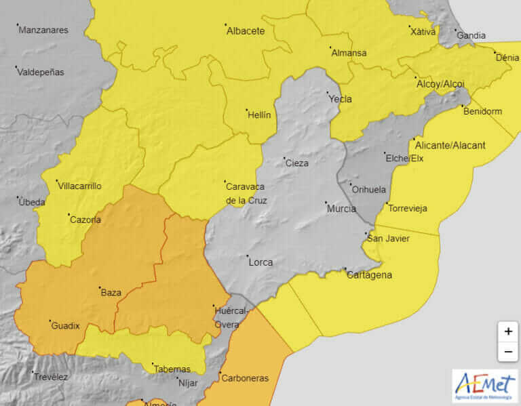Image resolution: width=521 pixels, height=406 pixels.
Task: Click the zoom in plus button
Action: (x=507, y=331)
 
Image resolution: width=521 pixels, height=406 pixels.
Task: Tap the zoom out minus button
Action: (x=507, y=352)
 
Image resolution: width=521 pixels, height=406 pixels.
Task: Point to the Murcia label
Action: (x=341, y=209)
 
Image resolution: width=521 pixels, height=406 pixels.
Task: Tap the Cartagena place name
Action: (x=368, y=275)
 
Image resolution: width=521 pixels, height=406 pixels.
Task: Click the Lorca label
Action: (x=260, y=262)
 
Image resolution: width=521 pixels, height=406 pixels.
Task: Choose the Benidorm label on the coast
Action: (x=482, y=111)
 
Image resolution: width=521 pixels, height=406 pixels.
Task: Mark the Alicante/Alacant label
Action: (x=449, y=145)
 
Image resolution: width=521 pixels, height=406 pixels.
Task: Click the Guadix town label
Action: (x=65, y=326)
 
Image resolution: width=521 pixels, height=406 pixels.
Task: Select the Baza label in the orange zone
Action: (x=111, y=293)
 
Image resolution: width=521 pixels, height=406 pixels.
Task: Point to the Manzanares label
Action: (x=44, y=30)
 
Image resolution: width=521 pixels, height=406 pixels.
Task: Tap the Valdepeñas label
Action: (x=41, y=72)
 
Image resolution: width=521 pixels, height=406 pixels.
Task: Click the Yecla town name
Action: (x=340, y=99)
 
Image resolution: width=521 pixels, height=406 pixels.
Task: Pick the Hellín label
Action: (x=259, y=115)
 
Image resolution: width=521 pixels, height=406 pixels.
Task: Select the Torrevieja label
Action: (x=406, y=209)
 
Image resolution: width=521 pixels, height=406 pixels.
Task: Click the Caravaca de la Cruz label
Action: (x=246, y=193)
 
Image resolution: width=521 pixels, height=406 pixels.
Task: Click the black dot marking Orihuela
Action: (x=350, y=184)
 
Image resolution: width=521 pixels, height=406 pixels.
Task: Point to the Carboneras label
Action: (x=244, y=378)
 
